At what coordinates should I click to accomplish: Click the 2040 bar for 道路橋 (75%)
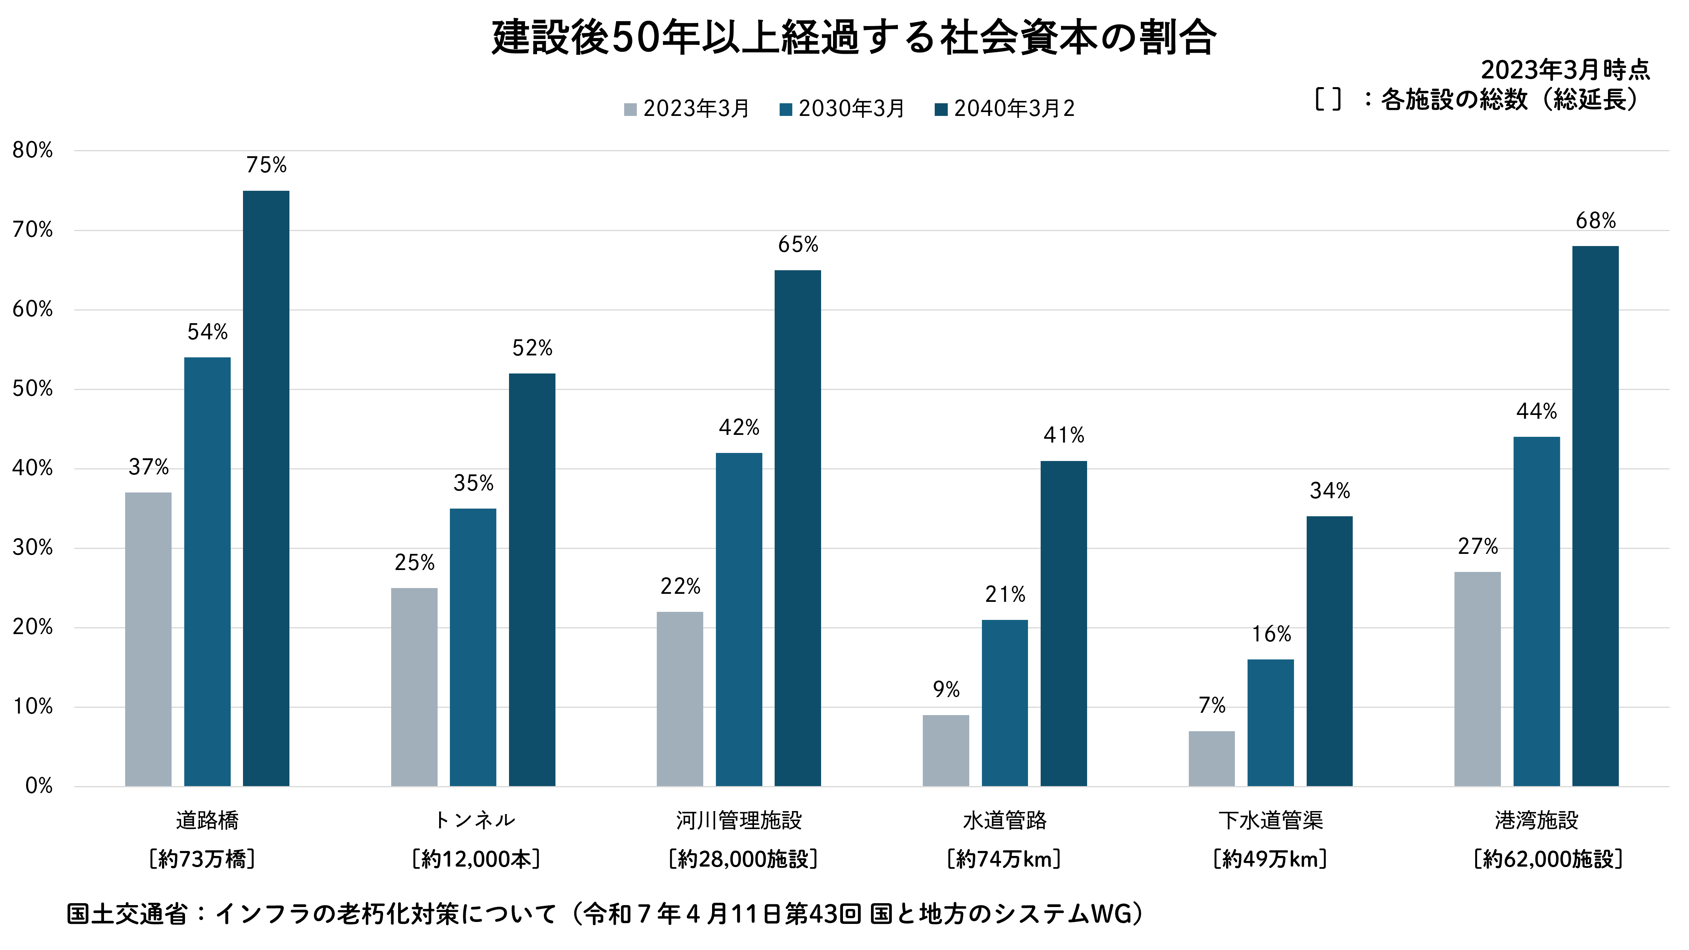266,489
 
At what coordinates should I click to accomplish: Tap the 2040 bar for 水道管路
1063,623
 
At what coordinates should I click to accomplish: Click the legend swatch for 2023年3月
630,109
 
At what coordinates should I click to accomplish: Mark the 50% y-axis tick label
33,389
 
